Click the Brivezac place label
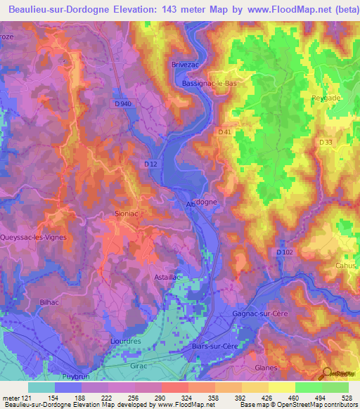tap(186, 64)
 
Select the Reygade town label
tap(326, 98)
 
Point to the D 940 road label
tap(122, 104)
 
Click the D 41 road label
tap(225, 131)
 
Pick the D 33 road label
tap(325, 142)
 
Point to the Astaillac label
tap(168, 277)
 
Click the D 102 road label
tap(284, 252)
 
